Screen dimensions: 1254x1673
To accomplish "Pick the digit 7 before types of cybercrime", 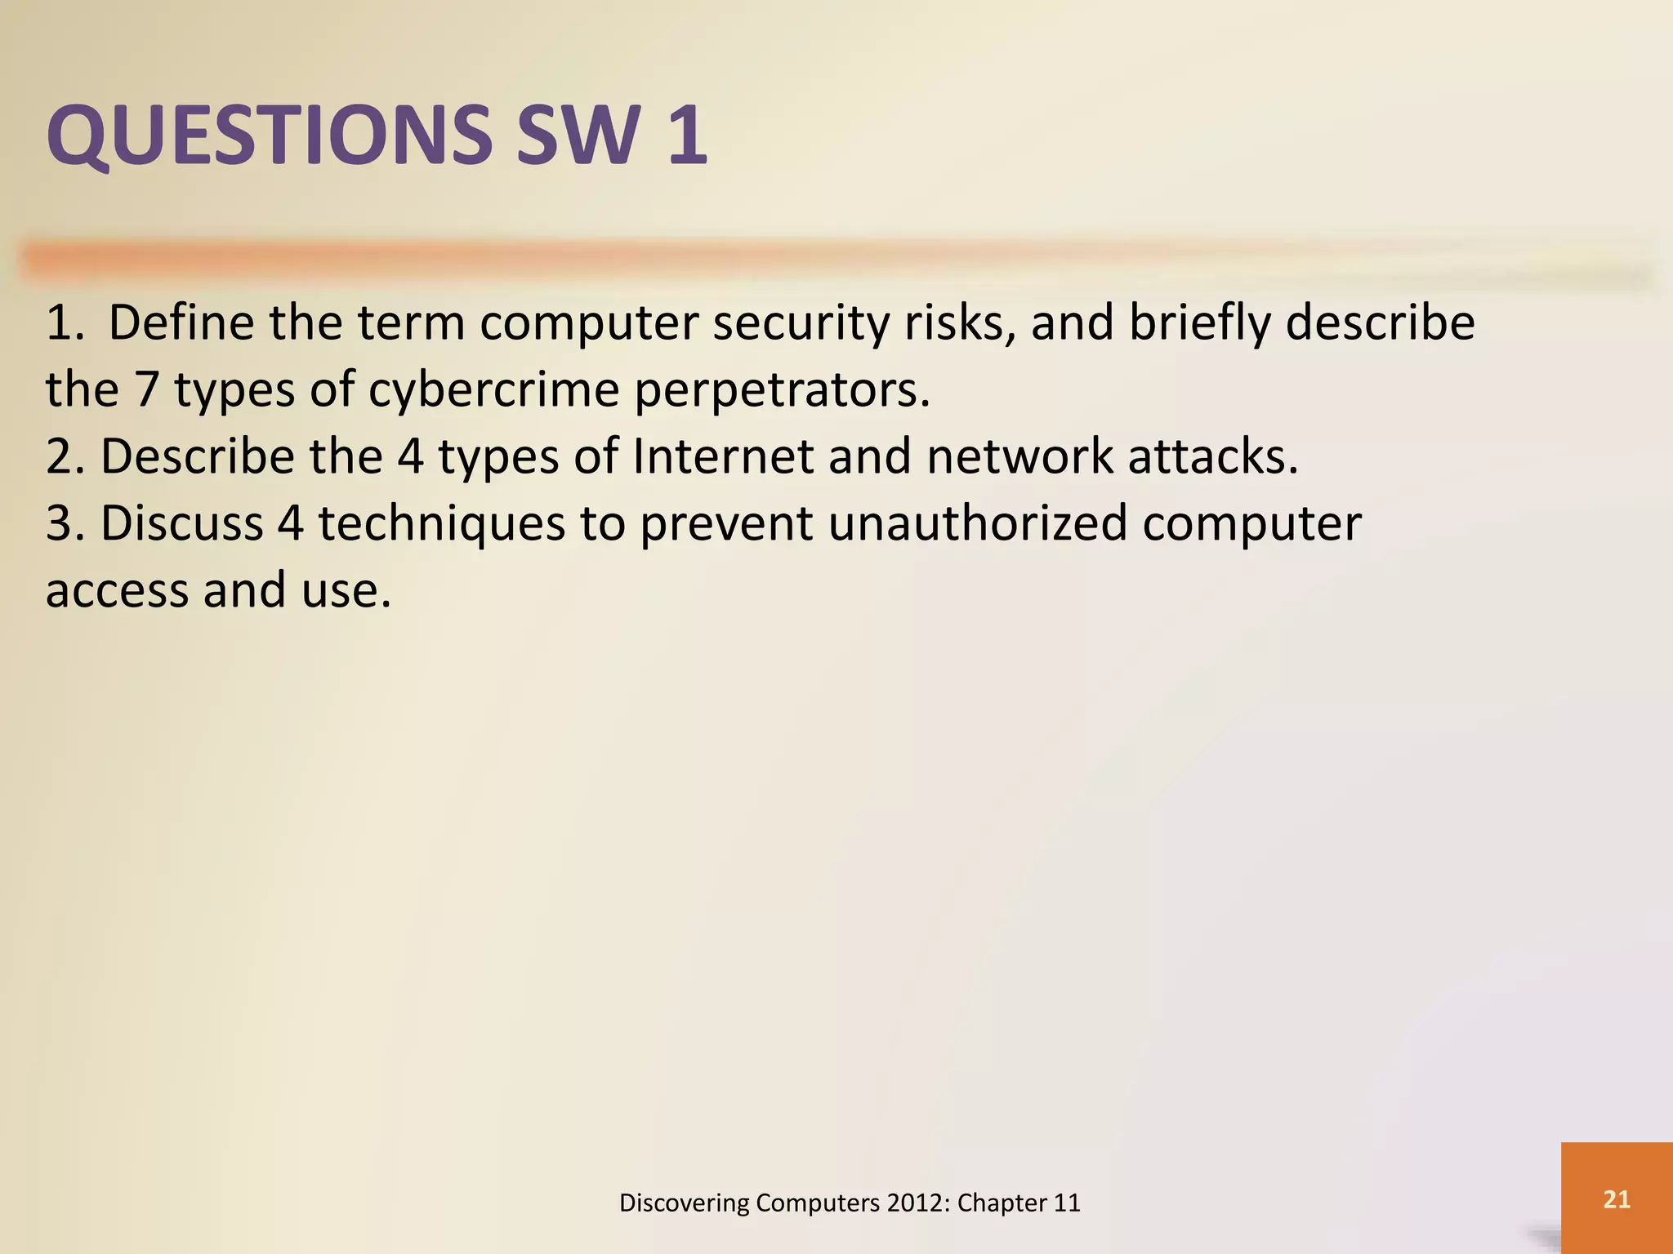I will click(x=145, y=389).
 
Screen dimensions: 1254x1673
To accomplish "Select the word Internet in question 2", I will click(x=723, y=456).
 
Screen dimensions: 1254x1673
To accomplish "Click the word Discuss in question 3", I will click(x=181, y=523).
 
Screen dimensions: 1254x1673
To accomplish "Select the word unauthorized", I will click(x=977, y=523).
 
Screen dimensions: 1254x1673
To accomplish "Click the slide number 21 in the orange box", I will click(x=1617, y=1199).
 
